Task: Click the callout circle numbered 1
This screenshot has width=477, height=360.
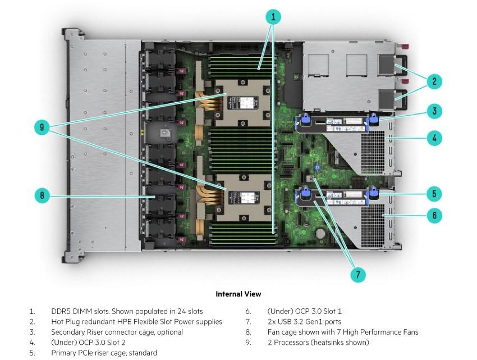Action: [x=273, y=16]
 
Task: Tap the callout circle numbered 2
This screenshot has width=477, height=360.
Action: [x=434, y=81]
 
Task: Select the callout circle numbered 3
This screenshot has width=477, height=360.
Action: [x=434, y=111]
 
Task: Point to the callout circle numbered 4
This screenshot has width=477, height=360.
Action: [x=434, y=138]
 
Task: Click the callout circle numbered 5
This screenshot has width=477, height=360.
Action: [x=434, y=194]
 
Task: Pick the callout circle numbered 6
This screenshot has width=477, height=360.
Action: [x=434, y=215]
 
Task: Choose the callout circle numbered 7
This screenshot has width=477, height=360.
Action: [x=357, y=275]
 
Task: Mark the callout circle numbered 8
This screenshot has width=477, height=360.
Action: [x=42, y=196]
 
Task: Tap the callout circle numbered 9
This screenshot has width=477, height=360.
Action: [x=42, y=127]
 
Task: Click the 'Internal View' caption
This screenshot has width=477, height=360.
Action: [x=238, y=294]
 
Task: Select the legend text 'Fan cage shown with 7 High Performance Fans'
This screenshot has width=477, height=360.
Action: [x=343, y=332]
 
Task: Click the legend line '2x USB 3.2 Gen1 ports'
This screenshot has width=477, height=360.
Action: [x=305, y=322]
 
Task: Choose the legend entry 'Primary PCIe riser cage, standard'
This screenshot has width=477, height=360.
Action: [x=104, y=353]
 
